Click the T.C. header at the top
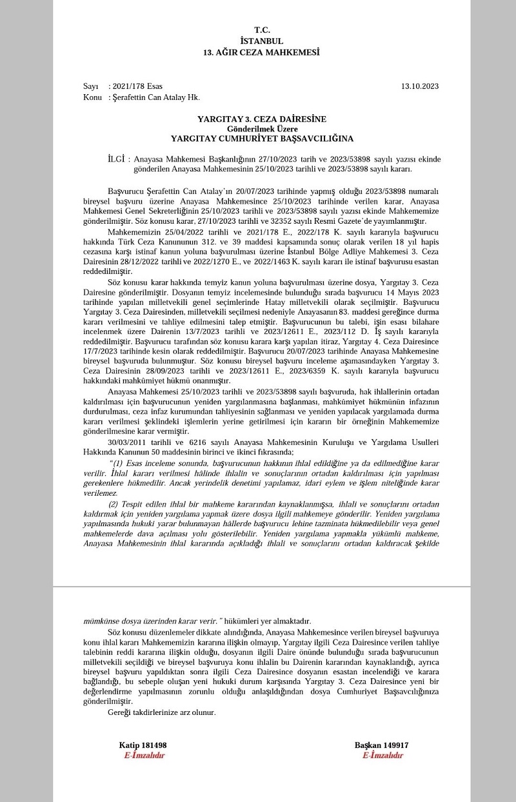pos(261,30)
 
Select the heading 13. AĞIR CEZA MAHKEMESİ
pos(261,52)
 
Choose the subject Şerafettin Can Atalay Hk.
pos(156,97)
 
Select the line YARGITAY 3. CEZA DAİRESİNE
pos(261,119)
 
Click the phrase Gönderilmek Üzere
pos(261,128)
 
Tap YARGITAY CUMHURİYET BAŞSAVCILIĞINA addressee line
pos(261,138)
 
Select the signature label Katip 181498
pos(143,745)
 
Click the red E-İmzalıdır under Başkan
pos(382,755)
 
